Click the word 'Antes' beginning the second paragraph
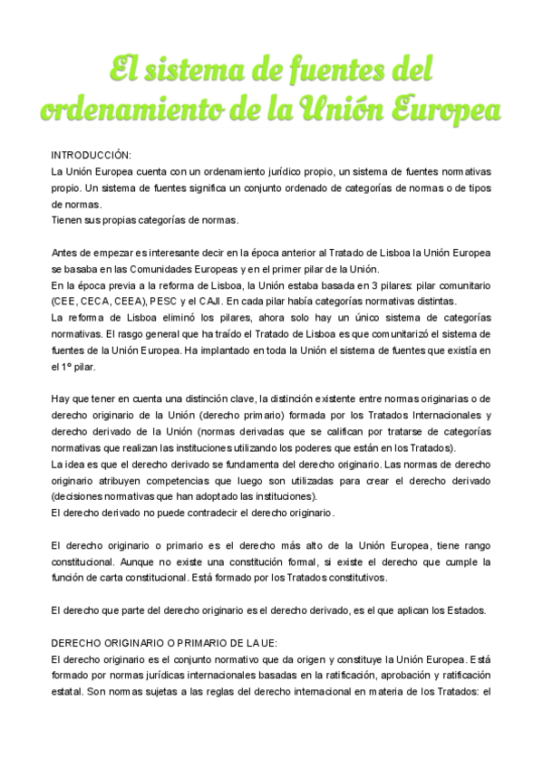[65, 253]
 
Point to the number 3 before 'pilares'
[356, 285]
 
